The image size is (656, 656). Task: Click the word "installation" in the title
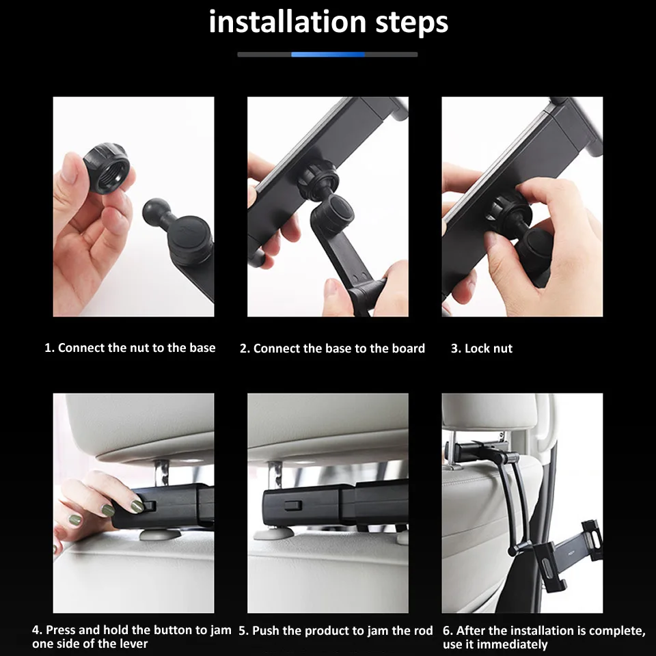tap(287, 22)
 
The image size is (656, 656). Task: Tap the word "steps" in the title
tap(412, 23)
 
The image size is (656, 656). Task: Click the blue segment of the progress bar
tap(328, 55)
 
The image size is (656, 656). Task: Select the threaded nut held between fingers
tap(106, 168)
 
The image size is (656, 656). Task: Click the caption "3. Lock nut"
tap(482, 348)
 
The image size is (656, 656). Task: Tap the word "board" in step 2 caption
tap(409, 348)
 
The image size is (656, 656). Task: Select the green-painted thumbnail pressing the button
tap(137, 506)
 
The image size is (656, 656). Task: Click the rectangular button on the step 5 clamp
tap(293, 505)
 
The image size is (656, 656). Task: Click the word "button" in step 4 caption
tap(170, 629)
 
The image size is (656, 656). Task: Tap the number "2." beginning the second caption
tap(245, 348)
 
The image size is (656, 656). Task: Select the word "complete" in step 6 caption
tap(618, 631)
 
